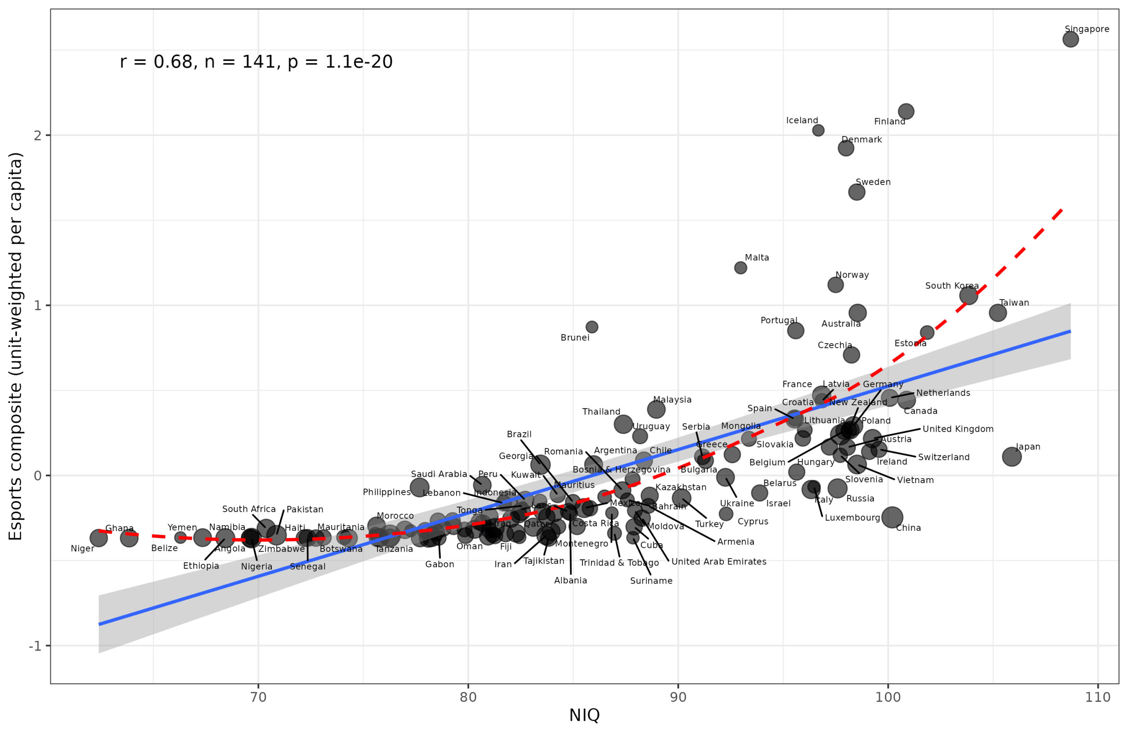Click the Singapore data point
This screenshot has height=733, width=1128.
click(x=1070, y=39)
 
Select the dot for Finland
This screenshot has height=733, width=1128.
click(x=906, y=112)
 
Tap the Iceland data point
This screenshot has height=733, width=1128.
click(x=818, y=130)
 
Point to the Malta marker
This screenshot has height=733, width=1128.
click(x=740, y=268)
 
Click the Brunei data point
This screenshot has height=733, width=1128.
click(x=591, y=327)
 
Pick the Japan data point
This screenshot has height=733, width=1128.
click(x=1011, y=457)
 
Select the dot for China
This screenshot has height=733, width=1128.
click(x=892, y=517)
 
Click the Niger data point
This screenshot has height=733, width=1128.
click(x=99, y=538)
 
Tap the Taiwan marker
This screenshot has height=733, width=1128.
click(x=998, y=313)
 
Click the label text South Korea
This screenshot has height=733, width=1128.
click(x=952, y=286)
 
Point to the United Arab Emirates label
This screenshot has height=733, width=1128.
click(x=719, y=562)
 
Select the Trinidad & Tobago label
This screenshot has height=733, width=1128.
click(x=619, y=563)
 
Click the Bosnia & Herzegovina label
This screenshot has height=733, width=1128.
click(x=621, y=470)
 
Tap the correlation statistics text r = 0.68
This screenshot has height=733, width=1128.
click(x=256, y=62)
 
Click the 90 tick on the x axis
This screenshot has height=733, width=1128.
click(x=678, y=697)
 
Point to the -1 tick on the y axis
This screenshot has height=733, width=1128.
click(x=35, y=646)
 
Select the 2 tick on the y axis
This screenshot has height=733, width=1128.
click(x=38, y=136)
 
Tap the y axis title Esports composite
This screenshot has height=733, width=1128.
click(x=15, y=346)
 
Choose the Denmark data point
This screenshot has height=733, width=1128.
click(x=846, y=148)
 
